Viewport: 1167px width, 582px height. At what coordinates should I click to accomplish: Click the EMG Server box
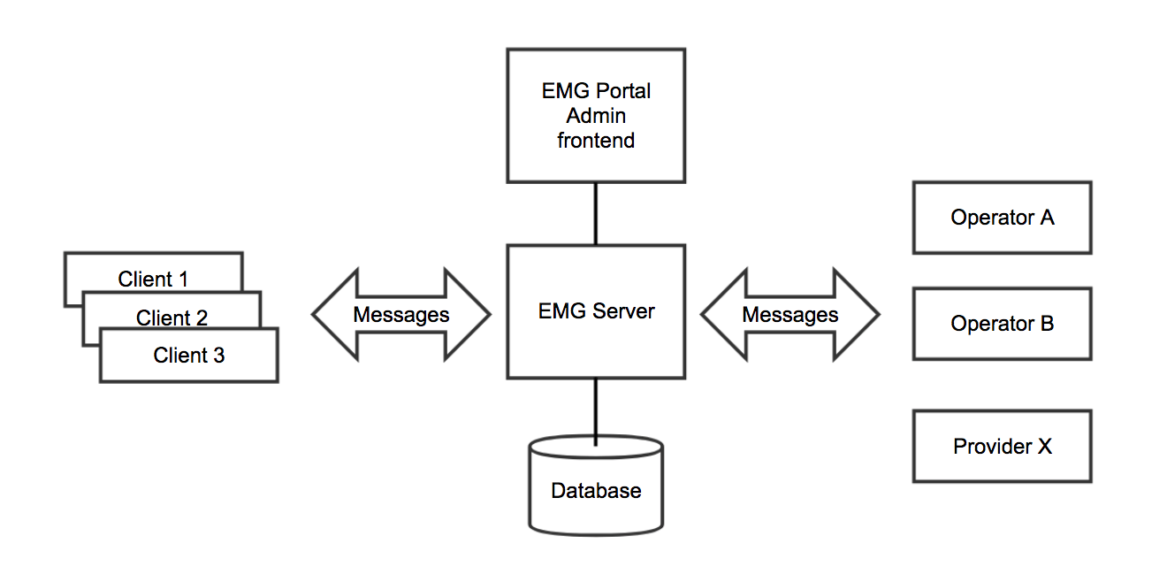pos(596,311)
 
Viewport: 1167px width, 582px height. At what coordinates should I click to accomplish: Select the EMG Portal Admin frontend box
pos(596,116)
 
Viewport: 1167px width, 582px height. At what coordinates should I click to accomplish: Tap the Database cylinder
pos(596,489)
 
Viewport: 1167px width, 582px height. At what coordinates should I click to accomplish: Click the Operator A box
pos(1002,218)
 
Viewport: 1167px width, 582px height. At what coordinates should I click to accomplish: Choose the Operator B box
pos(1002,324)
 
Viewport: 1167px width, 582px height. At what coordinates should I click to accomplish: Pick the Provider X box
pos(1002,447)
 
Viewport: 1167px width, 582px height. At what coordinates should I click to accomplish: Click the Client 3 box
pos(188,356)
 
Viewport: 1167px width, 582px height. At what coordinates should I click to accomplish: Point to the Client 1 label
pos(153,280)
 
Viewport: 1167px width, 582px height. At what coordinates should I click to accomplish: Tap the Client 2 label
pos(172,318)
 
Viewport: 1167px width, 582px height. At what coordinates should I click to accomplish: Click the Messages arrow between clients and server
pos(400,314)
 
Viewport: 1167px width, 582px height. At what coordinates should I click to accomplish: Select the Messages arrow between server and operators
pos(789,314)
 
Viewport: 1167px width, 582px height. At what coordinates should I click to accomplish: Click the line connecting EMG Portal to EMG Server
pos(596,214)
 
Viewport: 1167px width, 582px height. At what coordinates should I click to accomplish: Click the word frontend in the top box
pos(596,141)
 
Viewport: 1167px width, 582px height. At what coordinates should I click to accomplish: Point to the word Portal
pos(624,91)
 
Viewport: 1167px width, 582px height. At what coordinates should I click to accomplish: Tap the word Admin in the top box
pos(596,116)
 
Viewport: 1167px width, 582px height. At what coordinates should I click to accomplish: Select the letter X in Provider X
pos(1044,447)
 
